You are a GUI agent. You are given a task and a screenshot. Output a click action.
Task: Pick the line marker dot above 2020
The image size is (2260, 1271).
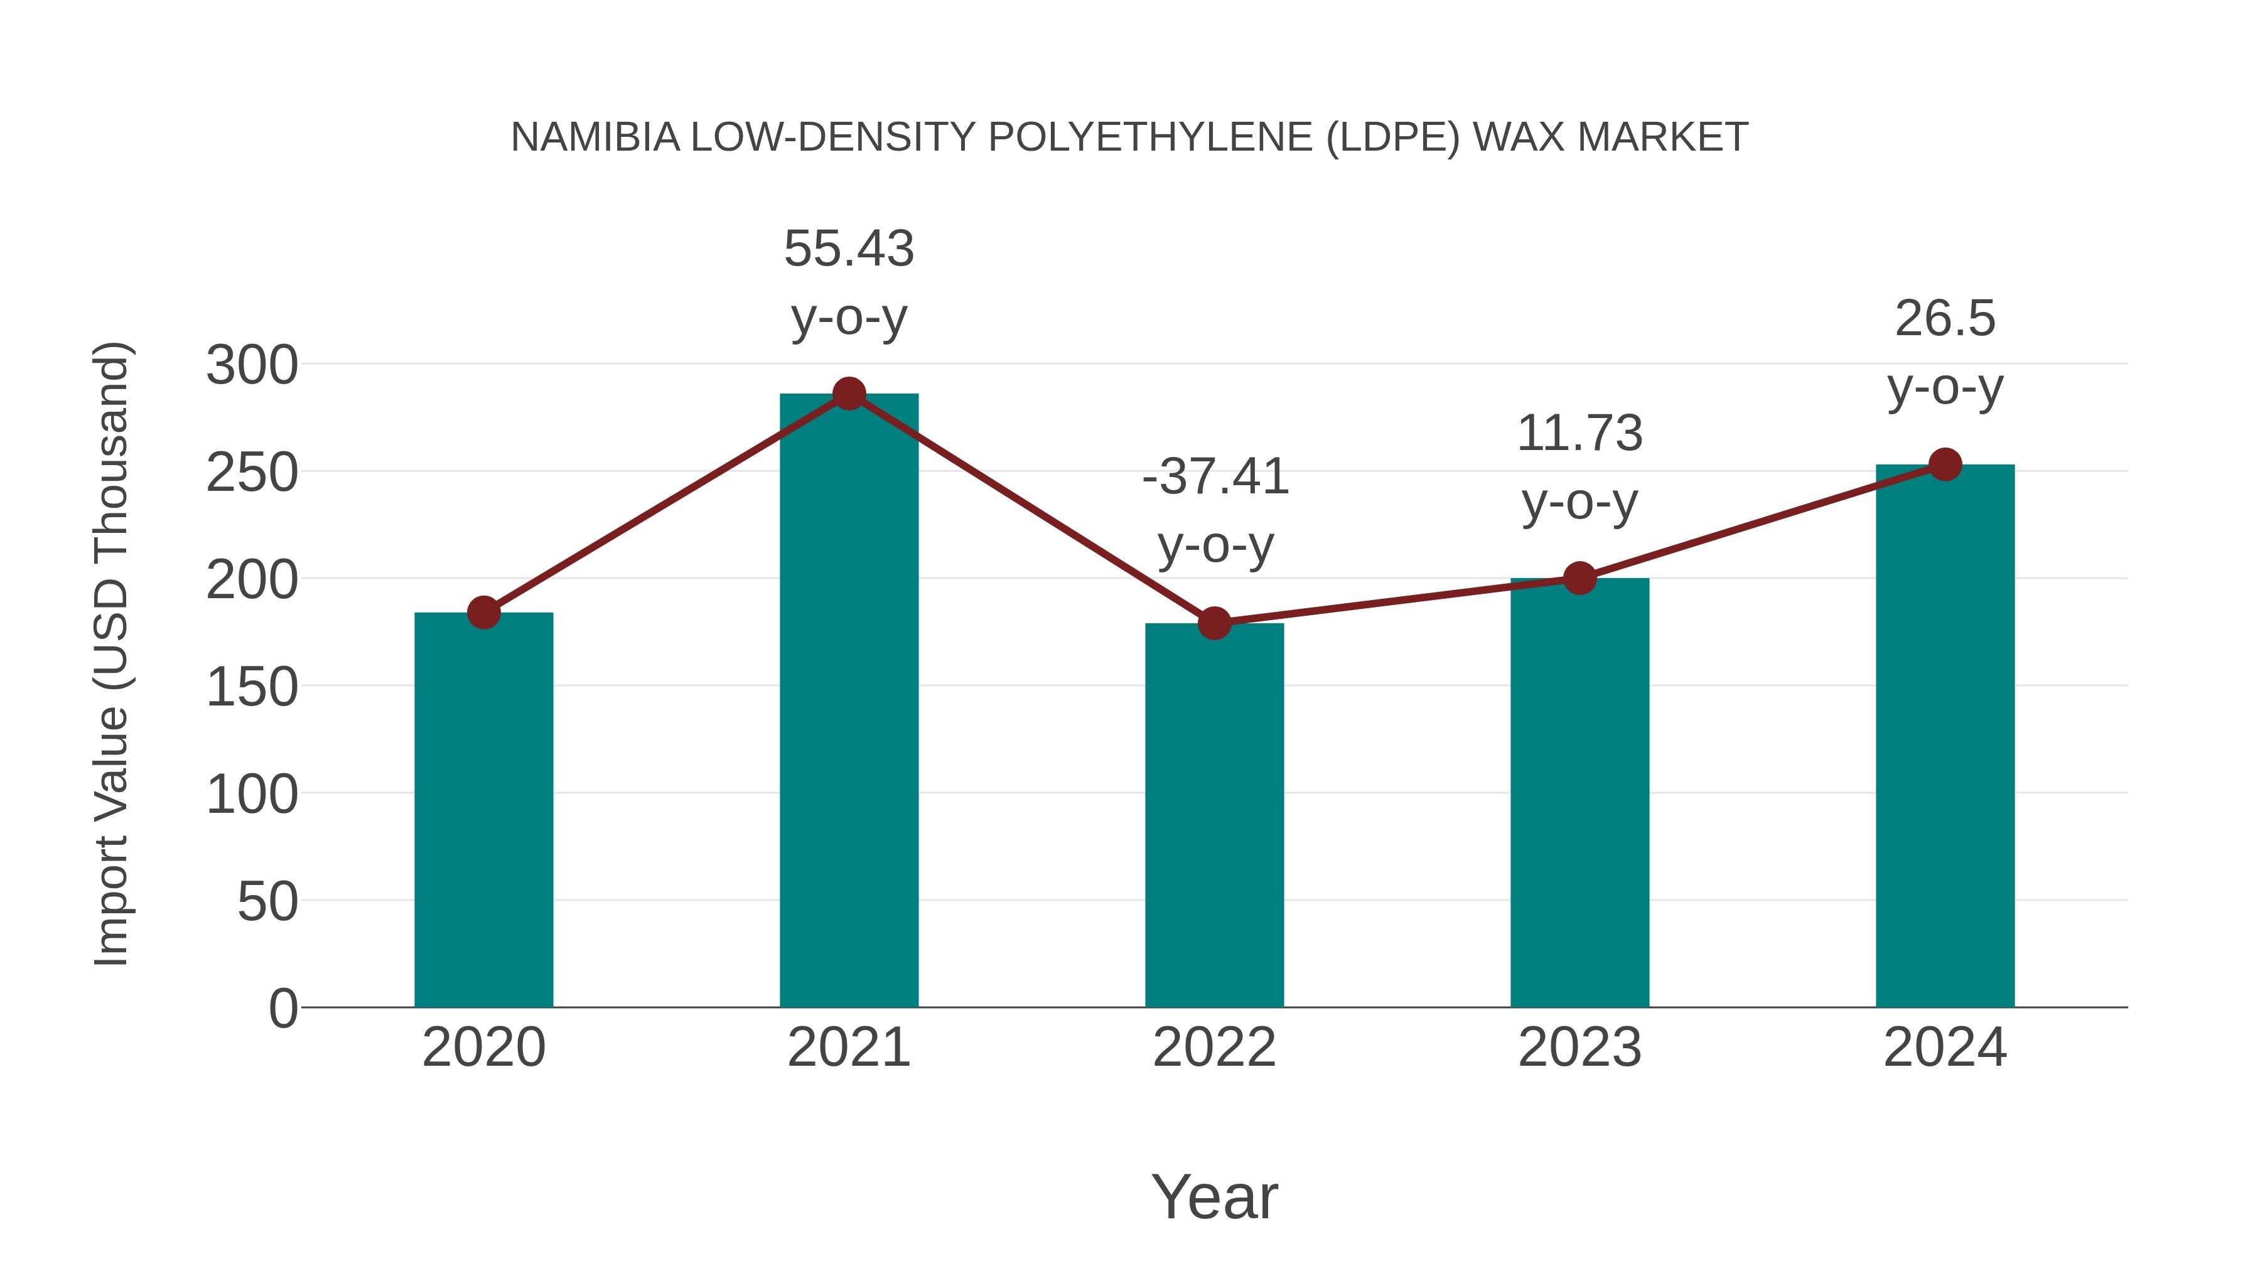(483, 612)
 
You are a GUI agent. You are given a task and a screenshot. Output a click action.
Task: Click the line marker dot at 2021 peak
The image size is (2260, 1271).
(848, 394)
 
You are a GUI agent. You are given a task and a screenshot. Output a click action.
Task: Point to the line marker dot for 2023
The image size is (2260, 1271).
(1579, 578)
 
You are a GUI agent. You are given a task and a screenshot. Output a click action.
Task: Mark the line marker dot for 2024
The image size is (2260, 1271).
(1945, 464)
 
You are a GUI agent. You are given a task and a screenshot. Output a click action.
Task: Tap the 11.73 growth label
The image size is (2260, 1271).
(1579, 433)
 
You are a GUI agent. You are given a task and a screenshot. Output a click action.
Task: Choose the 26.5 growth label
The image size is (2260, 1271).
(1945, 318)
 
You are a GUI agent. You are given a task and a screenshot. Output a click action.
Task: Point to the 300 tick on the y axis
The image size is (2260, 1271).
(252, 365)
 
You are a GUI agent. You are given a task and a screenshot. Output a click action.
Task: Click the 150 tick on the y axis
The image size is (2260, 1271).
(252, 687)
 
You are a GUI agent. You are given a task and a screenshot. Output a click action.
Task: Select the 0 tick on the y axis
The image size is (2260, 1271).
(282, 1008)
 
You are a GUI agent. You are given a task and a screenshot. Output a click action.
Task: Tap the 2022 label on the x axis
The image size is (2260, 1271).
(1214, 1048)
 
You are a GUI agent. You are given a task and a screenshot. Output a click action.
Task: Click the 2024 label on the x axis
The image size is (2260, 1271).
(1945, 1048)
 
